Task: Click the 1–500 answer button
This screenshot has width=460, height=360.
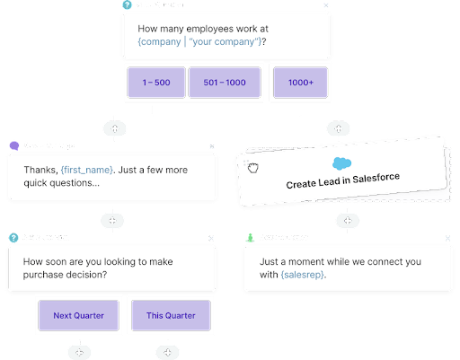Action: point(155,83)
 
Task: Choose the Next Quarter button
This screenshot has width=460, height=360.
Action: point(78,315)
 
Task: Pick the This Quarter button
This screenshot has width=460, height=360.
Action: point(171,315)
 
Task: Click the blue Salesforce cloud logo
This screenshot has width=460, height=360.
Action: point(341,163)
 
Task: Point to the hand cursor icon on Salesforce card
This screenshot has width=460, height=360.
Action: point(253,168)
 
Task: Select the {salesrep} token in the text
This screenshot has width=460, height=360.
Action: point(304,275)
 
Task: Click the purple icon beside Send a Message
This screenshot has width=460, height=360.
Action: point(13,145)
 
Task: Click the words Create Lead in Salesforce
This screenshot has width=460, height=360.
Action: point(342,178)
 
